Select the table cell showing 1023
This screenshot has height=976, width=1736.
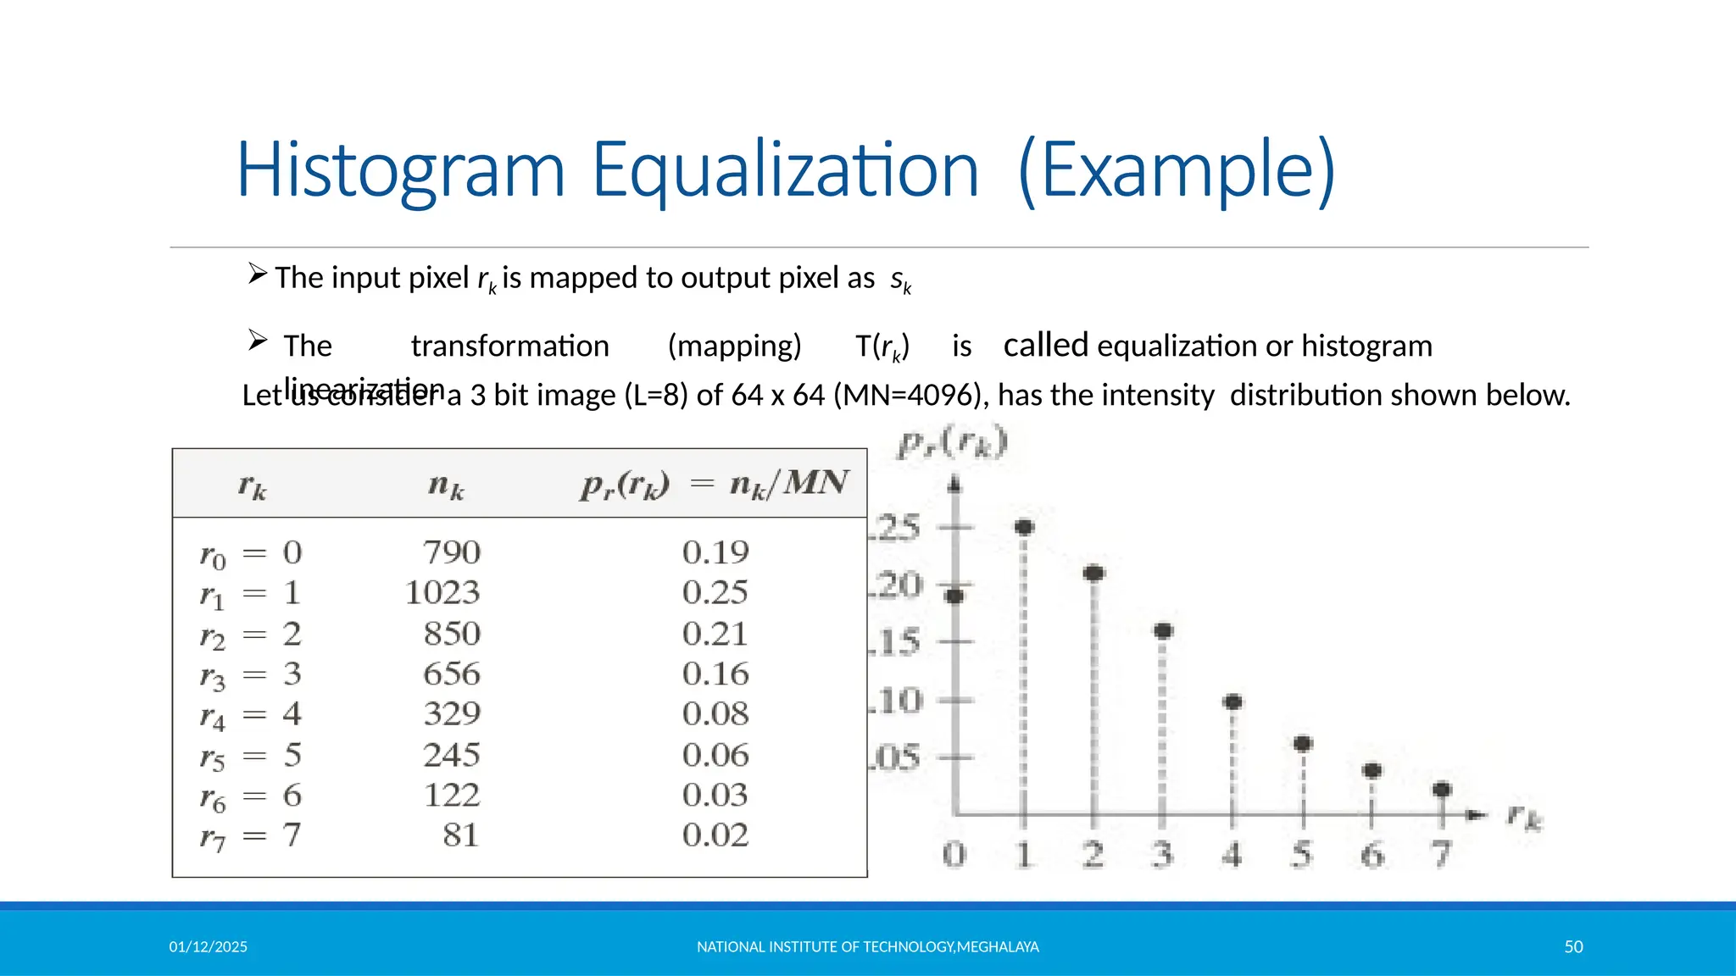tap(442, 592)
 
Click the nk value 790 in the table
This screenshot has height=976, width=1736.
tap(452, 552)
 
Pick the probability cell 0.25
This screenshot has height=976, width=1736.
tap(715, 592)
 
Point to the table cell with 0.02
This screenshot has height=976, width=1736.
tap(715, 835)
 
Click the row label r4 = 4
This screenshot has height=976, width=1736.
tap(250, 714)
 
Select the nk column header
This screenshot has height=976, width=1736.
tap(446, 485)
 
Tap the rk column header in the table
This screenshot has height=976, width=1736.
tap(252, 486)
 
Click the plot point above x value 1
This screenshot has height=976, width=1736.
tap(1024, 527)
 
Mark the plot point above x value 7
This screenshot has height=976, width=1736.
tap(1441, 790)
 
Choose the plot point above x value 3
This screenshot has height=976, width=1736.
tap(1163, 630)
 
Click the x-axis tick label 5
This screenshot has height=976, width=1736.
tap(1302, 854)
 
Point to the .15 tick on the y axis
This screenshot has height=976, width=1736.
tap(897, 642)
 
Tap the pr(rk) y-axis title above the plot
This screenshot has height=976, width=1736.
tap(953, 443)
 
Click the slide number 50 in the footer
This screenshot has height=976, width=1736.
tap(1573, 947)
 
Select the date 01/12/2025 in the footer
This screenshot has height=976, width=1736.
tap(208, 947)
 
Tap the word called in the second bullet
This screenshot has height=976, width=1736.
tap(1045, 346)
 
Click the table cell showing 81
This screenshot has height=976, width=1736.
tap(460, 835)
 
